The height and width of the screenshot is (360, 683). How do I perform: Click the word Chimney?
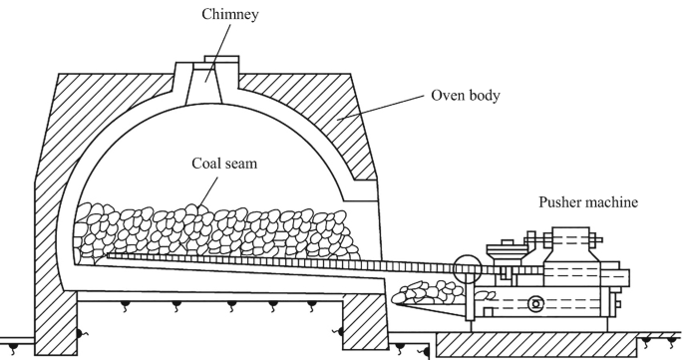(x=208, y=14)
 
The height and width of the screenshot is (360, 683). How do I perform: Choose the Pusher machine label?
(x=587, y=202)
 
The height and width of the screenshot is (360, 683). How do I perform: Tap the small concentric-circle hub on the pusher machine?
(x=537, y=304)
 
